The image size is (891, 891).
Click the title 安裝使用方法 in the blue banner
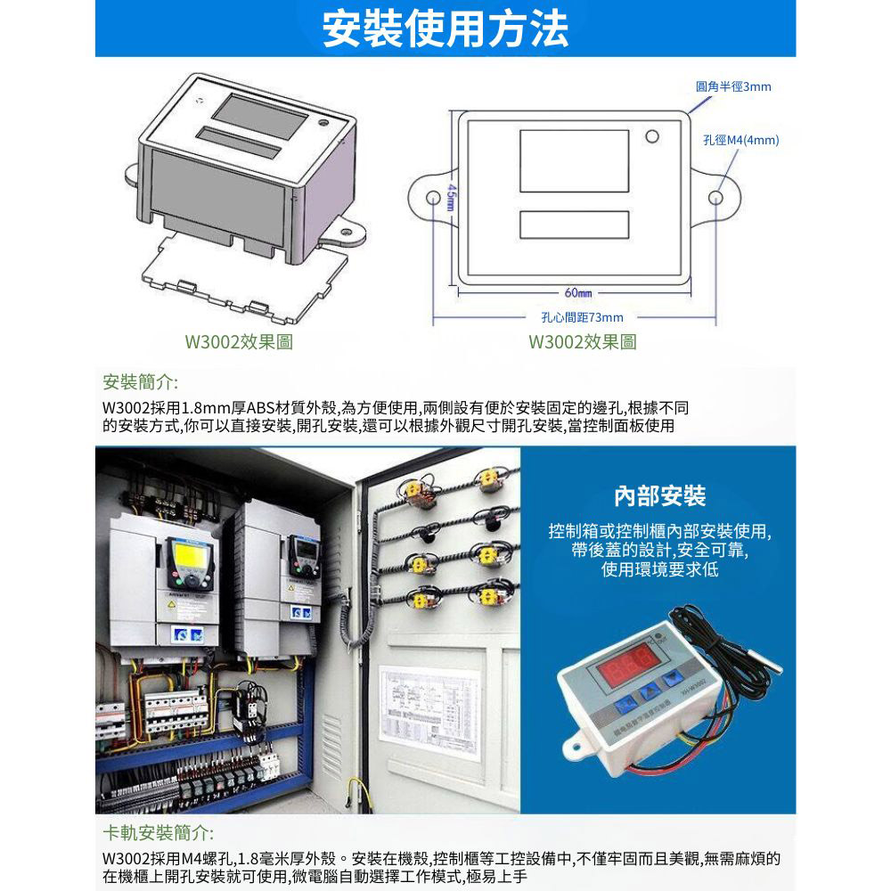click(x=445, y=29)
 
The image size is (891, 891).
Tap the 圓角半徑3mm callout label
click(x=732, y=86)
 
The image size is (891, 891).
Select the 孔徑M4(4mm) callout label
click(x=740, y=141)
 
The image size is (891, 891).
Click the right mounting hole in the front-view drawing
click(x=716, y=195)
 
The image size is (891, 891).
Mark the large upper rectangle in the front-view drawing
click(x=574, y=160)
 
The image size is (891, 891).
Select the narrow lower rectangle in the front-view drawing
click(x=574, y=225)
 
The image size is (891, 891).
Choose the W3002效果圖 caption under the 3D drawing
click(x=238, y=342)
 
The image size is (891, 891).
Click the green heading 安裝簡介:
click(x=141, y=383)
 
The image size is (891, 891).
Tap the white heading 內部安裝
click(x=659, y=495)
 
